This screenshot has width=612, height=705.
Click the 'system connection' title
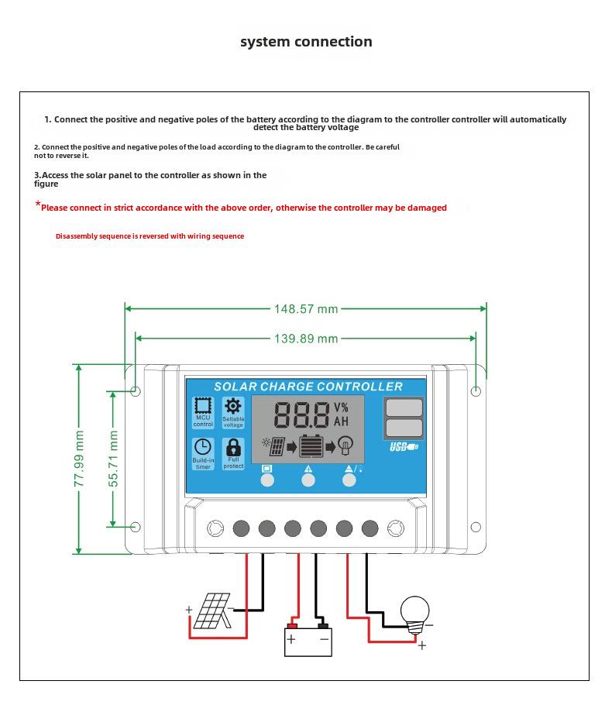[306, 42]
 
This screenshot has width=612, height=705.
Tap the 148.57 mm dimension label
[306, 309]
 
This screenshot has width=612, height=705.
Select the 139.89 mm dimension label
[306, 339]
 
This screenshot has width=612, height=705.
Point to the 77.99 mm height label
[79, 459]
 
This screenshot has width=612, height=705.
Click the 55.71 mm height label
[113, 459]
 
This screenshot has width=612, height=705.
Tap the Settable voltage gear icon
[233, 406]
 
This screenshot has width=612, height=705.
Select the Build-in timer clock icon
[203, 447]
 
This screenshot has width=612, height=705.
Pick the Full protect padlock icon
[233, 448]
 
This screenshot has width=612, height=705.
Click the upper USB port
[404, 408]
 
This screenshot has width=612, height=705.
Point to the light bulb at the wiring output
[414, 610]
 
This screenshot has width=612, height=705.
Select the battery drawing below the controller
[308, 639]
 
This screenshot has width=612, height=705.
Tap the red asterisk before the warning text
[37, 205]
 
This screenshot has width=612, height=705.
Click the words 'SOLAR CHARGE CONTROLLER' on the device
[308, 387]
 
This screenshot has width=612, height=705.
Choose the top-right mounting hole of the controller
[476, 391]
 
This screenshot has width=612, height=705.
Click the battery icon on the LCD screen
[311, 447]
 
